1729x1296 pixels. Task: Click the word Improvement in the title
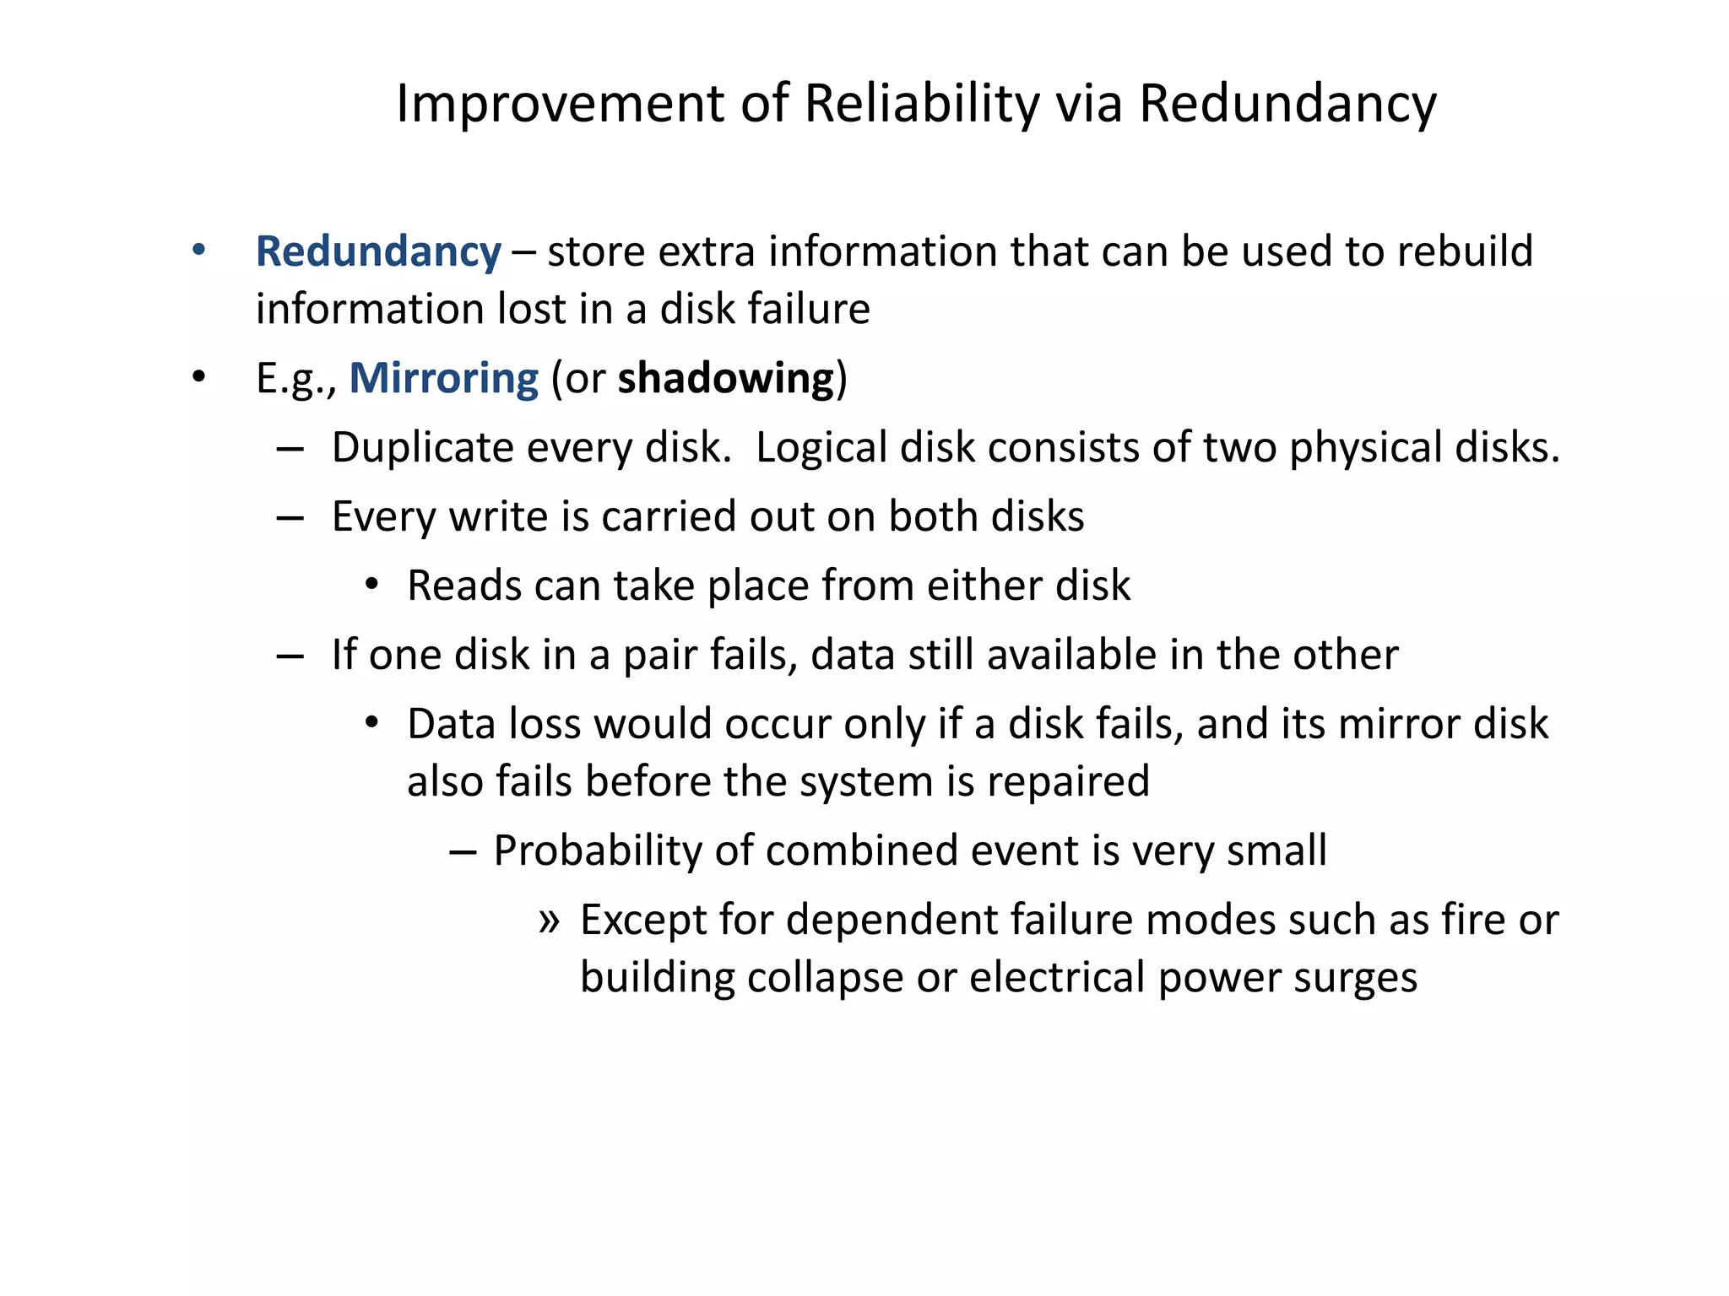click(x=561, y=104)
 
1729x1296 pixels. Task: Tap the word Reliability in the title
click(x=922, y=104)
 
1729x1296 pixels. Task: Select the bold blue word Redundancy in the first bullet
click(x=378, y=251)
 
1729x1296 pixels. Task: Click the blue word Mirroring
click(x=443, y=378)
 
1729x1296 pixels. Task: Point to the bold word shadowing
click(x=726, y=378)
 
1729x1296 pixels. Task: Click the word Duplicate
click(x=422, y=447)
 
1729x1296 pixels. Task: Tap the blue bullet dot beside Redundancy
click(x=198, y=250)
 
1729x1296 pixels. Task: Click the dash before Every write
click(x=290, y=518)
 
